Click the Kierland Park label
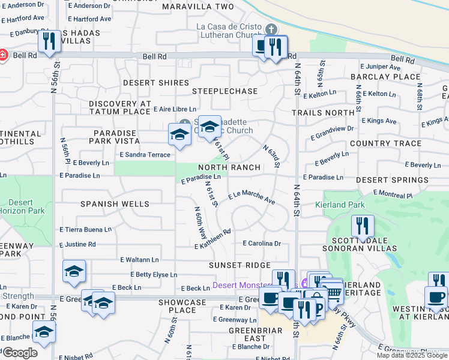pos(340,205)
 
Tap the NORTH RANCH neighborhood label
pos(229,167)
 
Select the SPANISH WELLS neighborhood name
pos(115,204)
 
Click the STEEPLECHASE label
pos(224,91)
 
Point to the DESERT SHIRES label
pos(156,83)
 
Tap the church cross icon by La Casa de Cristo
pos(271,29)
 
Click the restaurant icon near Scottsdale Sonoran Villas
pos(362,226)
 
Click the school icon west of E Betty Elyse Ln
pos(74,271)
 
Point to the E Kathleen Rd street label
pos(213,239)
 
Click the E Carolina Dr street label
pos(262,244)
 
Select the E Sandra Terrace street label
pos(145,155)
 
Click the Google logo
pos(19,353)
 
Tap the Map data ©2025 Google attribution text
pos(411,355)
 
